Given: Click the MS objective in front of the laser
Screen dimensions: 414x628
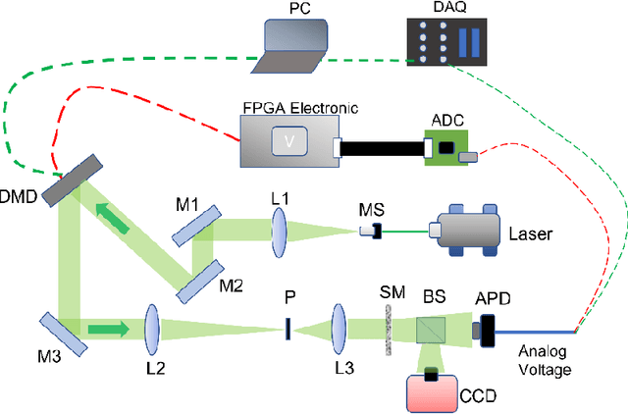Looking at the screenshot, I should [x=370, y=231].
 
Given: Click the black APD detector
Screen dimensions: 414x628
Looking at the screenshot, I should [x=486, y=329].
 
